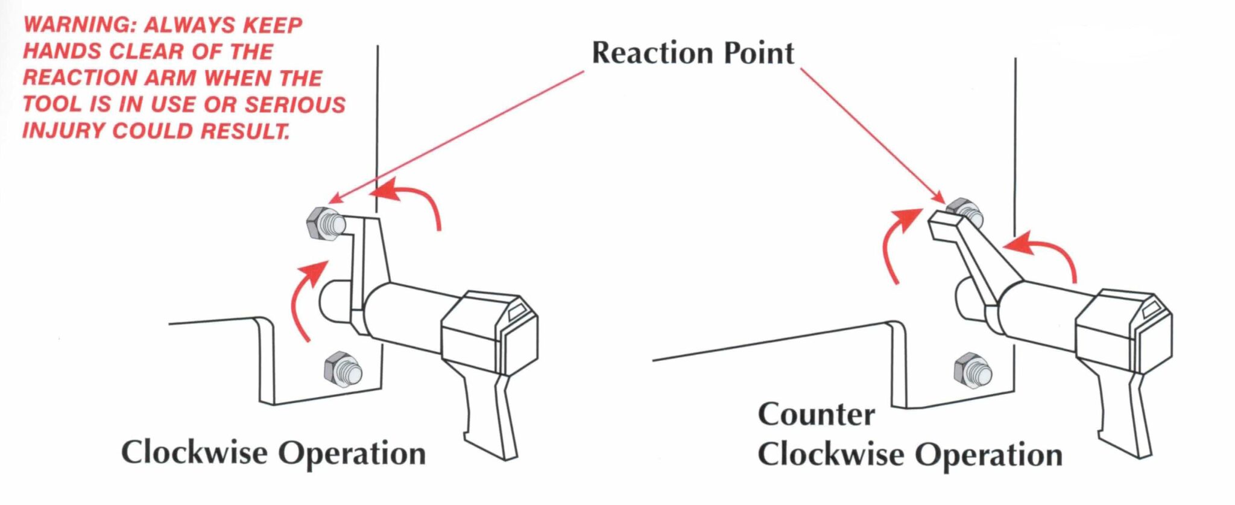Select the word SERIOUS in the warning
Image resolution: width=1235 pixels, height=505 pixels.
tap(295, 105)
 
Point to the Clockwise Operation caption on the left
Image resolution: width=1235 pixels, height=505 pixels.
tap(273, 453)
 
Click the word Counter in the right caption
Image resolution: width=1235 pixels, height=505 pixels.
tap(816, 414)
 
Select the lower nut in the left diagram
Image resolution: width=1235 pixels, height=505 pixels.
tap(343, 367)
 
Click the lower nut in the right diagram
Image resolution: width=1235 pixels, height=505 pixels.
tap(972, 370)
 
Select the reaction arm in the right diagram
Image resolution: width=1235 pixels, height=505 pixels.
tap(977, 259)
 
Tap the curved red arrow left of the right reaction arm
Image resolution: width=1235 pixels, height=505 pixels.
tap(895, 241)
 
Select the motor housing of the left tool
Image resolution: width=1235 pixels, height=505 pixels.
tap(488, 332)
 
